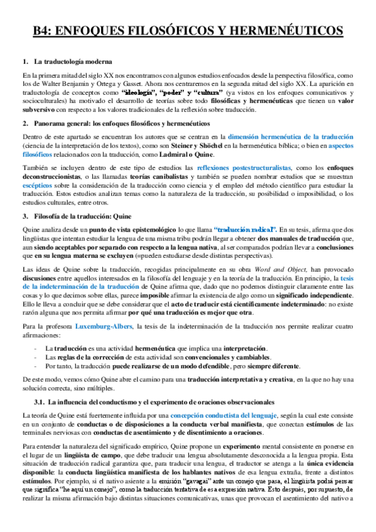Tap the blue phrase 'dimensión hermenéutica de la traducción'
[x=291, y=136]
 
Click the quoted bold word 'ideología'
[x=142, y=92]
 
